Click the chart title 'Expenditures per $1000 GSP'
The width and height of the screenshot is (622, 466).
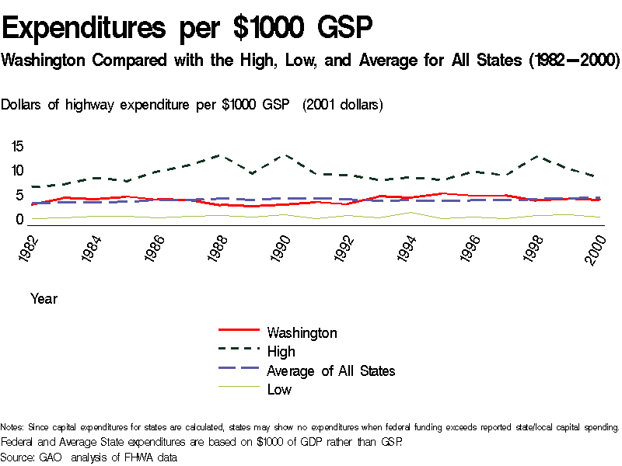187,29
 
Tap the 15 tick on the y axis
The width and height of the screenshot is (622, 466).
17,146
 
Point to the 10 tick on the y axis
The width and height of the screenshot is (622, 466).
17,171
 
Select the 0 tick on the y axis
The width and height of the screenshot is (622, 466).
20,220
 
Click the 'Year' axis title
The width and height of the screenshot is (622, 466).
44,298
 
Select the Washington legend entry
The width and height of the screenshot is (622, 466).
302,333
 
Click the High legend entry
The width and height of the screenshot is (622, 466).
281,352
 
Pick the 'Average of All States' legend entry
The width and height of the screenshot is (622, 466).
330,371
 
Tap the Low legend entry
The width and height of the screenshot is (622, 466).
279,390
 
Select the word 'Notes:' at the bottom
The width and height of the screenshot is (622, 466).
12,427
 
